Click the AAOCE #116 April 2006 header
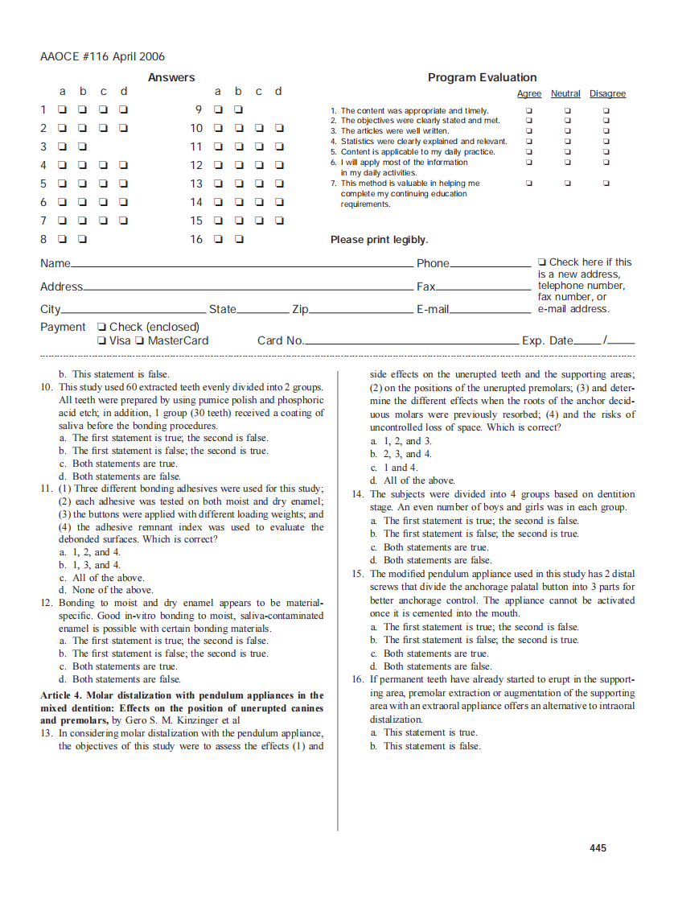tap(102, 56)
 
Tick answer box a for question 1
tap(62, 109)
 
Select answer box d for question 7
tap(123, 221)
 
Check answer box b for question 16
tap(239, 239)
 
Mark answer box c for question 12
tap(259, 165)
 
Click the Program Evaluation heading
tap(482, 77)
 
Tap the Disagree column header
tap(607, 94)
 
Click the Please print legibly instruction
tap(379, 240)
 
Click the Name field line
tap(241, 265)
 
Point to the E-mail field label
tap(432, 310)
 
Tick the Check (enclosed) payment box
tap(101, 327)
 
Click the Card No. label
tap(280, 340)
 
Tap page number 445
tap(598, 848)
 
